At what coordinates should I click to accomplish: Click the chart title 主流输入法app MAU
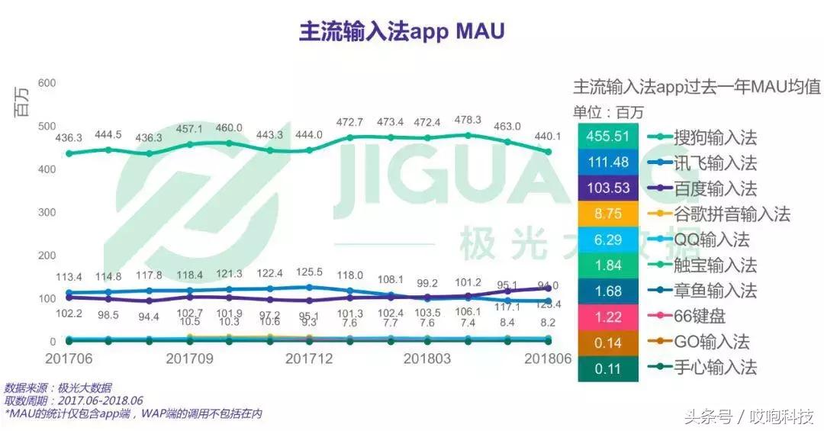401,32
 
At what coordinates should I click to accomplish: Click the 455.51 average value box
608,138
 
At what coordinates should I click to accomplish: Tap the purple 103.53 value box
608,188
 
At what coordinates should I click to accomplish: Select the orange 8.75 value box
608,214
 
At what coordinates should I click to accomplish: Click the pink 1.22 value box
608,316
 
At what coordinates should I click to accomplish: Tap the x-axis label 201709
190,358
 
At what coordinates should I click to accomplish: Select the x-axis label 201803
428,358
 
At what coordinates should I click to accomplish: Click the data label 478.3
467,120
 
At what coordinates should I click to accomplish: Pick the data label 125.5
308,272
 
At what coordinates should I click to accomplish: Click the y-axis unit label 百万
23,104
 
